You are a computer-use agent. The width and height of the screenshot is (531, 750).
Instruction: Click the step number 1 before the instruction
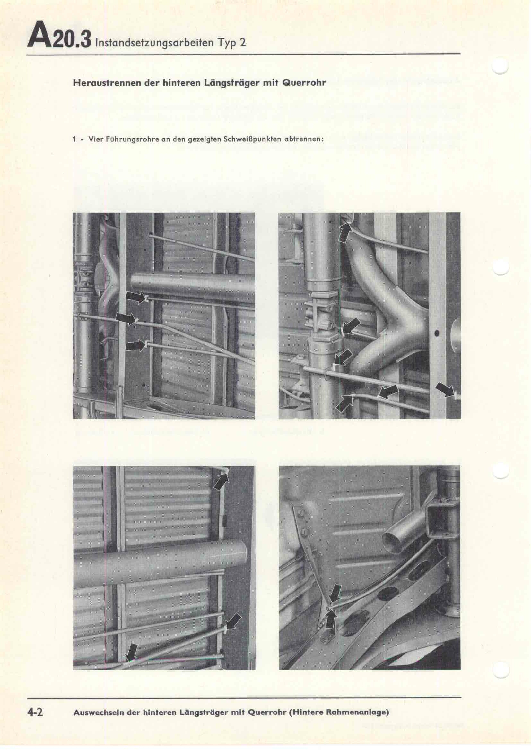pyautogui.click(x=74, y=139)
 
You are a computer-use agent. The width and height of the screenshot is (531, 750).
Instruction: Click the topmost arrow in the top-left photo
pyautogui.click(x=135, y=297)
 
